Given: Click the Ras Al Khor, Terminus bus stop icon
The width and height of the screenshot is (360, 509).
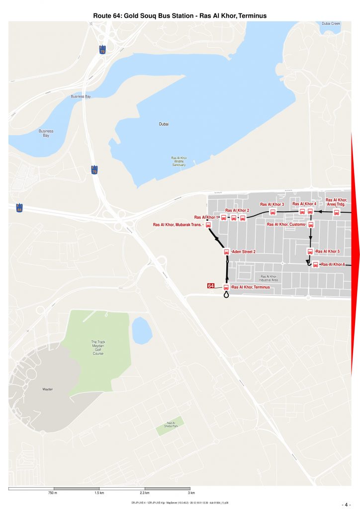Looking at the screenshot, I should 226,287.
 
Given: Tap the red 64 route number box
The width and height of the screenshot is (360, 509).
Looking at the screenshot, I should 211,286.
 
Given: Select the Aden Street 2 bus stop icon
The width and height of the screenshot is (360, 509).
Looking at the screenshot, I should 227,252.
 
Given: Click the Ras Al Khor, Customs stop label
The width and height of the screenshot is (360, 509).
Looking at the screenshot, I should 286,225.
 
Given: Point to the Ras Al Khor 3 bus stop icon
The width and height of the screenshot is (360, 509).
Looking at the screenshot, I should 273,212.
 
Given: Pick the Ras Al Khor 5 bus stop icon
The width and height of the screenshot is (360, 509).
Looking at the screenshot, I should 310,252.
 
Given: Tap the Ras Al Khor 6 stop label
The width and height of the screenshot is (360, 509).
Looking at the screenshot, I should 333,264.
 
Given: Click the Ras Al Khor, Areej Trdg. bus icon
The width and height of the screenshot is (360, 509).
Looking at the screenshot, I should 337,212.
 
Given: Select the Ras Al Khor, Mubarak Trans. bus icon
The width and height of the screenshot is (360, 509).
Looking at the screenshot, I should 208,225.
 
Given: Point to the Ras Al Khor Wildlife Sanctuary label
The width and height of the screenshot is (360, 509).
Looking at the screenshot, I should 178,161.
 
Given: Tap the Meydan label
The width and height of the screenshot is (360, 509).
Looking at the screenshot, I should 47,389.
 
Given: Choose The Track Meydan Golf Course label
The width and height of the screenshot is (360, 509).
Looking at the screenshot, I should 98,347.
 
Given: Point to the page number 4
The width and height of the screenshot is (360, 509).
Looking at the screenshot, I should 347,504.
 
